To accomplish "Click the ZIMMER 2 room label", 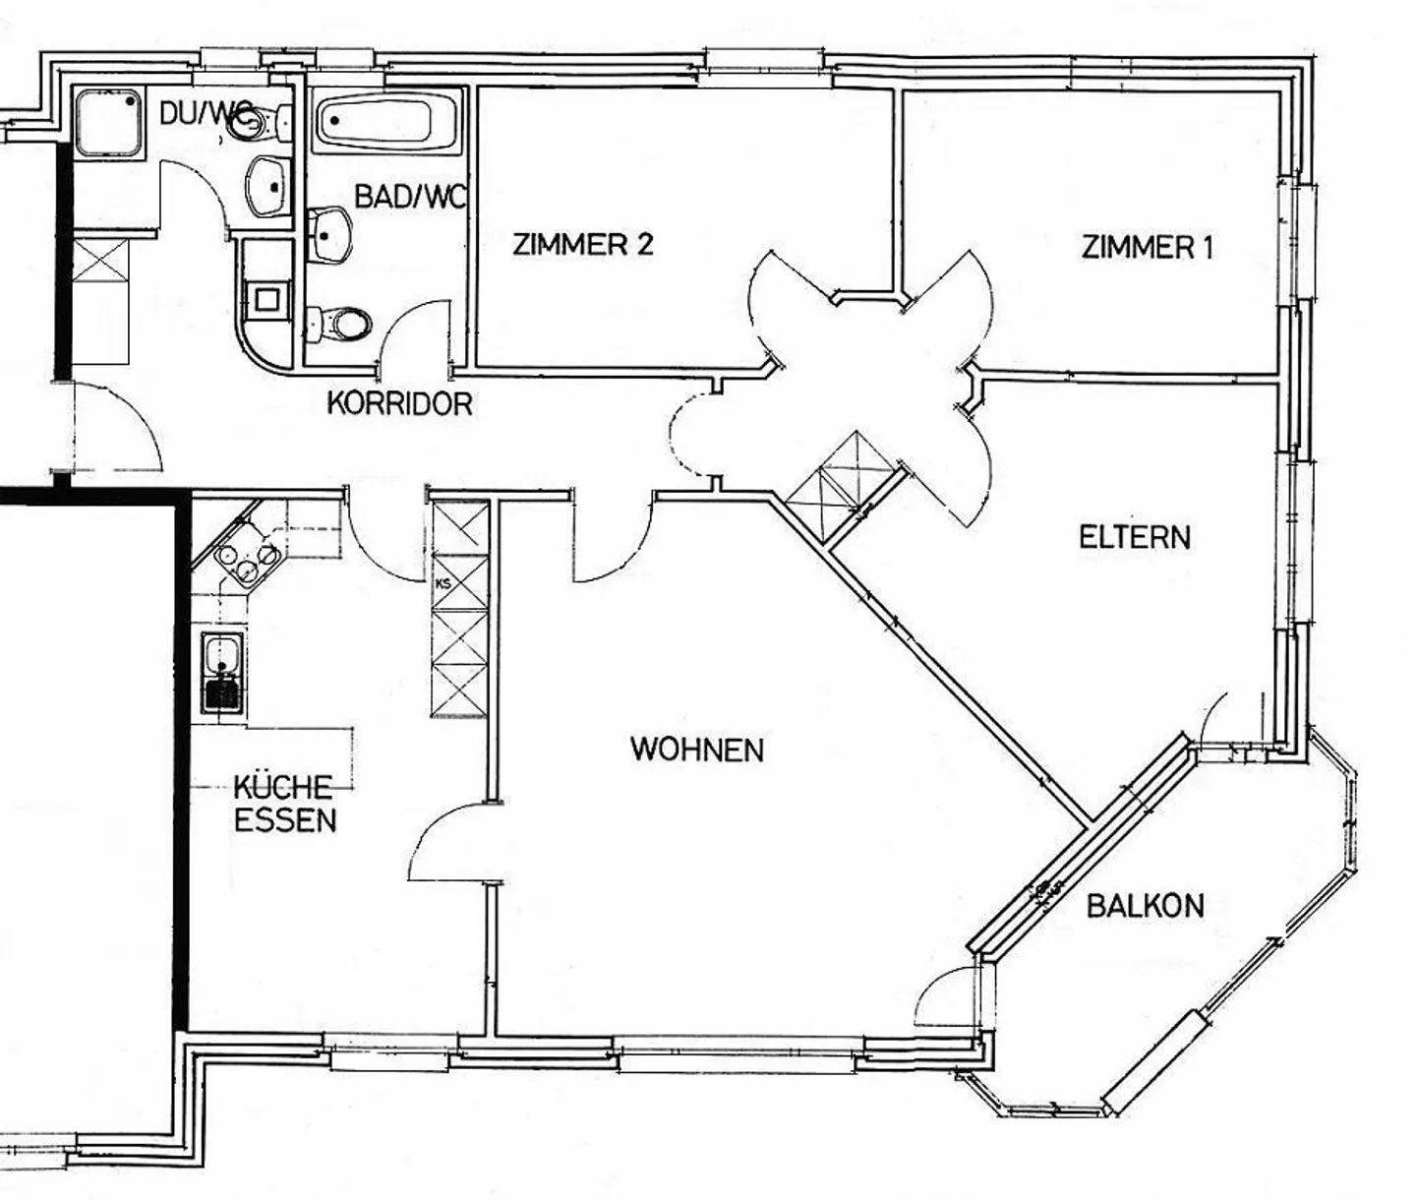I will point(582,244).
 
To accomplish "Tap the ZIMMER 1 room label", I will point(1147,246).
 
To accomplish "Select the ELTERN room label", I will point(1134,537).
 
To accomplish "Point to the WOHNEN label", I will point(696,750).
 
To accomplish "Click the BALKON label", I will point(1145,905).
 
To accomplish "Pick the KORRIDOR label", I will point(399,403).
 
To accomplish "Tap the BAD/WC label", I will point(408,197).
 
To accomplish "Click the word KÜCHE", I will point(282,787).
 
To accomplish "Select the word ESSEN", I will point(285,820).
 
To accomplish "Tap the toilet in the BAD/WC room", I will point(339,323).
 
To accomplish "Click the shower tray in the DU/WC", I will point(108,122).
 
